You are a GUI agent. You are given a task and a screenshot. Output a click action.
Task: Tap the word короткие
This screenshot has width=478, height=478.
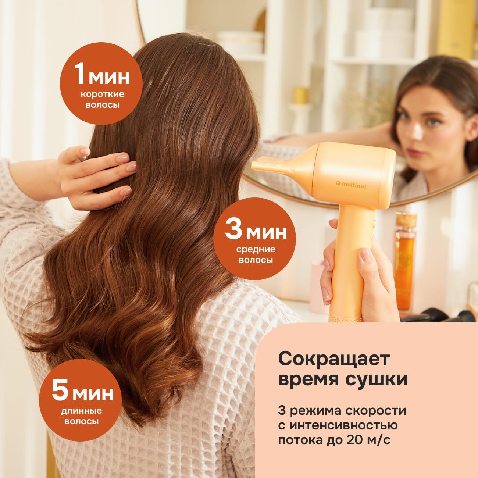102,94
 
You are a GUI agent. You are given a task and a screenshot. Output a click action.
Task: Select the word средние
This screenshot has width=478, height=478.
256,249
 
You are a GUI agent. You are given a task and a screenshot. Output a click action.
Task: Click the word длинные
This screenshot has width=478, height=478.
81,411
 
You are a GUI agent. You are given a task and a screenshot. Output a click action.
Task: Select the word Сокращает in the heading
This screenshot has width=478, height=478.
334,360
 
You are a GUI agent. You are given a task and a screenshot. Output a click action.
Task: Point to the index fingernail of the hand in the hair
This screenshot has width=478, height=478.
122,158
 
